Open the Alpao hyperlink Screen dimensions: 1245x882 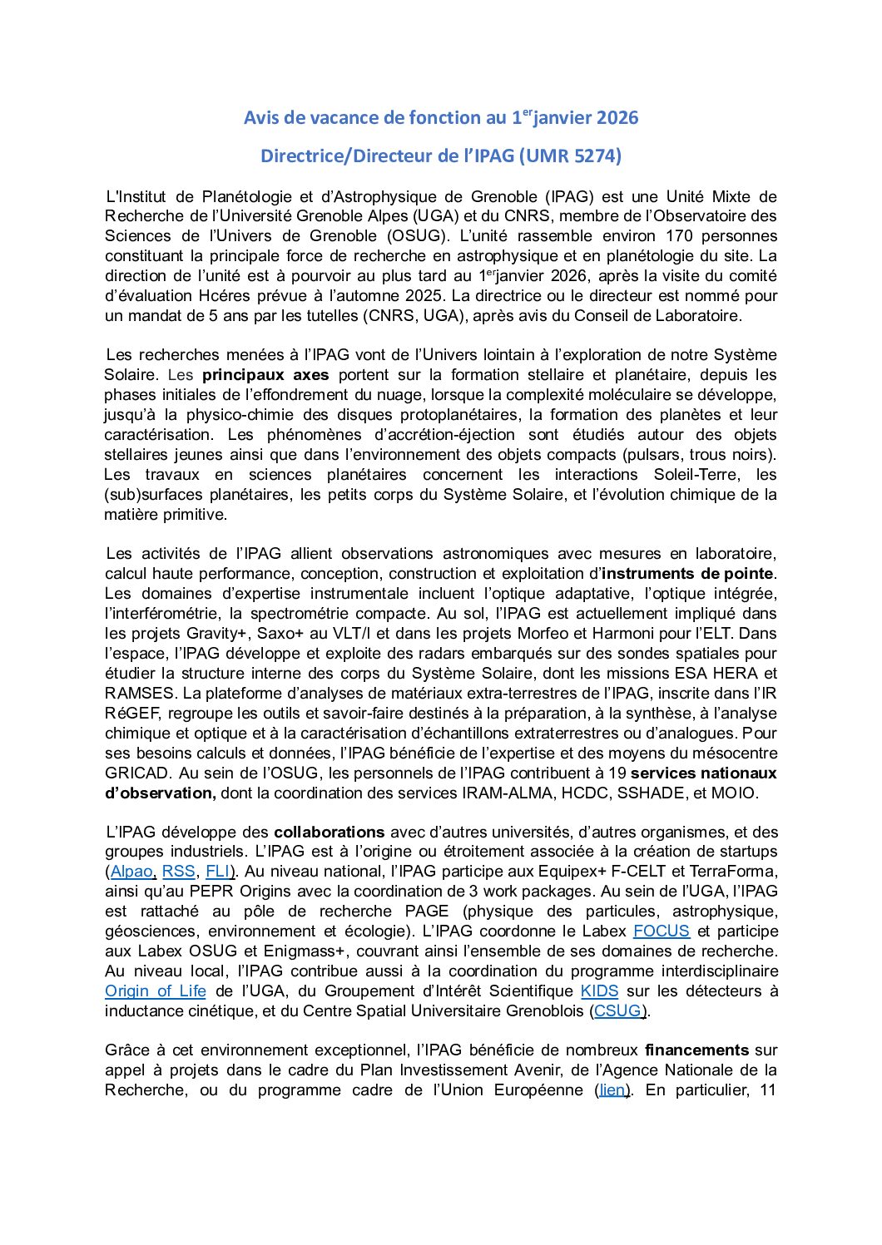coord(131,871)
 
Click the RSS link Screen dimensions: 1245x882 coord(178,871)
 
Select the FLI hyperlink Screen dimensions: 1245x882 coord(218,871)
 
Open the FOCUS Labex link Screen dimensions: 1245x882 coord(661,931)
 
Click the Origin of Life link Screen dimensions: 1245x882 coord(155,991)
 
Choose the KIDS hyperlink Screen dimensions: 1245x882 coord(599,991)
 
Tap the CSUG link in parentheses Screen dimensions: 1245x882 coord(617,1010)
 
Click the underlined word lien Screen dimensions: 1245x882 coord(612,1089)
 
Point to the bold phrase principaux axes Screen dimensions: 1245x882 coord(265,374)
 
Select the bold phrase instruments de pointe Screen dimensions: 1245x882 coord(687,573)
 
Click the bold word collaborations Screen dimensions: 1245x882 coord(329,832)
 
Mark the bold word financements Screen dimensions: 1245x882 coord(696,1050)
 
